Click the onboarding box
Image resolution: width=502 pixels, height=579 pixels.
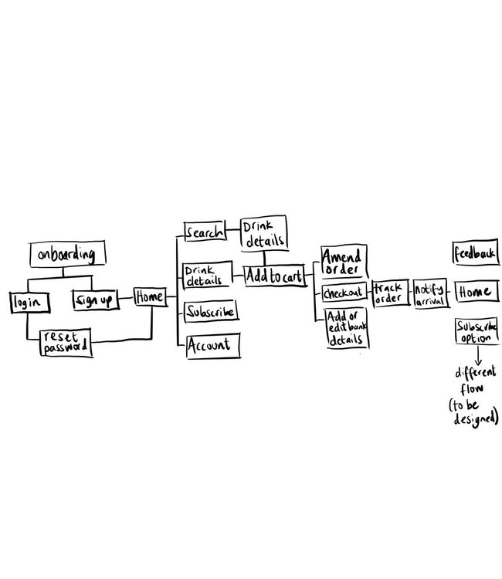click(x=68, y=254)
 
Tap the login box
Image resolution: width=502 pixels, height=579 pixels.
click(x=29, y=303)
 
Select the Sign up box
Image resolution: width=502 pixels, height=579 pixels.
click(x=96, y=300)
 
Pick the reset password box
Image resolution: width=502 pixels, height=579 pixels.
click(x=66, y=342)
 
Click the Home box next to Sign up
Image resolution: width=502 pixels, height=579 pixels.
click(x=150, y=297)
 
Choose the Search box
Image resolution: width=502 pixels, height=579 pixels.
click(x=205, y=231)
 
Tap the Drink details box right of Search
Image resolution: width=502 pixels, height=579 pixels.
click(x=264, y=233)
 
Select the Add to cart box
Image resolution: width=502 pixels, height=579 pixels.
click(x=275, y=276)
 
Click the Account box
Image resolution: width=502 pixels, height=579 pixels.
click(x=213, y=345)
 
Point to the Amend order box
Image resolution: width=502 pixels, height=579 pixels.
click(x=344, y=261)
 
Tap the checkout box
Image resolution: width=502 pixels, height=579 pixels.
click(x=344, y=293)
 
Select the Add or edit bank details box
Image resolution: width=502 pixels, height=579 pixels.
click(x=348, y=328)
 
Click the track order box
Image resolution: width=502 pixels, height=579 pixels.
click(x=391, y=293)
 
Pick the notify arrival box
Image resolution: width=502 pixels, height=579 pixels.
click(x=431, y=293)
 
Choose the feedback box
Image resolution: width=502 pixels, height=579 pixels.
click(x=476, y=253)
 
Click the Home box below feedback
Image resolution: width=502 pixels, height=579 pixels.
click(x=477, y=291)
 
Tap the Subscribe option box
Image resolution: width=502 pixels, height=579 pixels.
click(x=477, y=331)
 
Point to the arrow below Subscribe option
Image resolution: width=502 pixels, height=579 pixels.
click(x=477, y=354)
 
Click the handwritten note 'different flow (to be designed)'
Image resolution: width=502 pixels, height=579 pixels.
click(x=474, y=396)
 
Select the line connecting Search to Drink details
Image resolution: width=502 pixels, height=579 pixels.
click(x=233, y=230)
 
